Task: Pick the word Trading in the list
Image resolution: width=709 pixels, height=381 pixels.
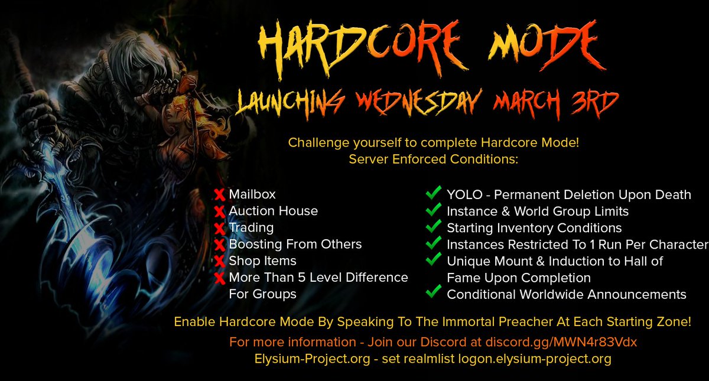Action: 251,227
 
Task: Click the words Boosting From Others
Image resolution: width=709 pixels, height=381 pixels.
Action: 295,244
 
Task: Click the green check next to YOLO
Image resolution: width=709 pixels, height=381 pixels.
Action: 434,193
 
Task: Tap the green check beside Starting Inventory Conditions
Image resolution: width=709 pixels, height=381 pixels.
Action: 434,226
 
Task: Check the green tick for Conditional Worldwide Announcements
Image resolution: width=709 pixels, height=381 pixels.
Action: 434,292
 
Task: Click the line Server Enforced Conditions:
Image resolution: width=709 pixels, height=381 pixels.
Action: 433,159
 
